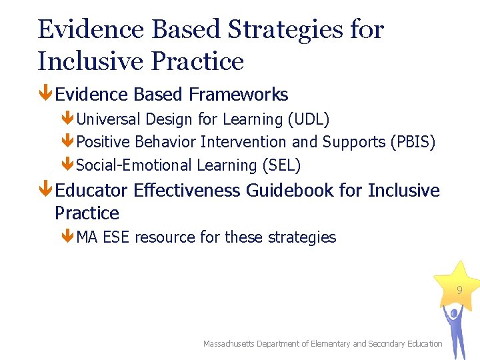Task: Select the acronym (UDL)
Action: point(308,119)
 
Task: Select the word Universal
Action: point(109,119)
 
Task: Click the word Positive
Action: point(103,142)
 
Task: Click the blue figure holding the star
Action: point(455,330)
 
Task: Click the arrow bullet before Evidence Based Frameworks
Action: point(45,95)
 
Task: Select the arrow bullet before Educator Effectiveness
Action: point(45,191)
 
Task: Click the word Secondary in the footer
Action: point(387,343)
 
